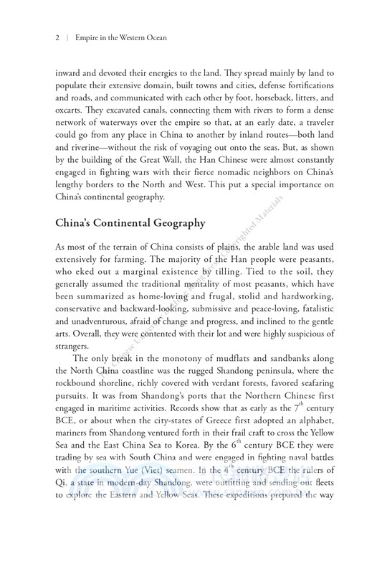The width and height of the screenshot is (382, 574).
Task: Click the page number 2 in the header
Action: click(56, 37)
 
